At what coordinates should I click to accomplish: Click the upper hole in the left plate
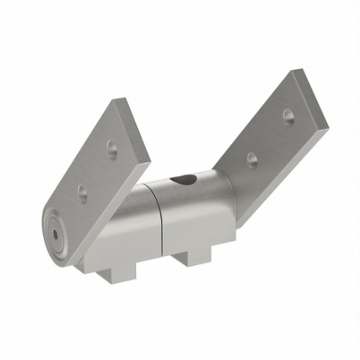[112, 147]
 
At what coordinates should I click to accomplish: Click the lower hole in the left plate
[83, 190]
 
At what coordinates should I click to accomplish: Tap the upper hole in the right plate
[288, 116]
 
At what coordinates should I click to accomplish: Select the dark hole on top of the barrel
[185, 180]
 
